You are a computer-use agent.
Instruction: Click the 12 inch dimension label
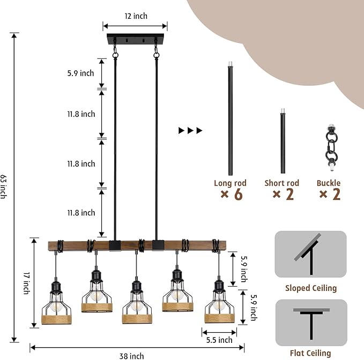pos(136,16)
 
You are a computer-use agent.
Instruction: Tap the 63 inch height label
pos(3,187)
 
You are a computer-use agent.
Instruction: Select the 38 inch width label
pos(132,356)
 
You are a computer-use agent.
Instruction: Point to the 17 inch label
pos(27,283)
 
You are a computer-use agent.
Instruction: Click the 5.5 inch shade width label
pos(219,340)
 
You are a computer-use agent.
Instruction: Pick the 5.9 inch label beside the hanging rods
pos(81,73)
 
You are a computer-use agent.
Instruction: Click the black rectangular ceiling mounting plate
pos(135,39)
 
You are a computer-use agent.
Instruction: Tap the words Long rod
pos(230,183)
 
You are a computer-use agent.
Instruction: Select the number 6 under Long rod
pos(239,194)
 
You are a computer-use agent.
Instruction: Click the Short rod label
pos(282,183)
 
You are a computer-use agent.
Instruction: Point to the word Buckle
pos(329,183)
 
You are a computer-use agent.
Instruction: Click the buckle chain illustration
pos(331,148)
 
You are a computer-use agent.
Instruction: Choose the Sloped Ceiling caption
pos(311,288)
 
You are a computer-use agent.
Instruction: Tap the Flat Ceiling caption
pos(310,353)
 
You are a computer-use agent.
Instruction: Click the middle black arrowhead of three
pos(190,130)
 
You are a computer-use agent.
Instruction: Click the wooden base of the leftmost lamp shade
pos(56,319)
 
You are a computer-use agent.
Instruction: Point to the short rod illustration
pos(283,141)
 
